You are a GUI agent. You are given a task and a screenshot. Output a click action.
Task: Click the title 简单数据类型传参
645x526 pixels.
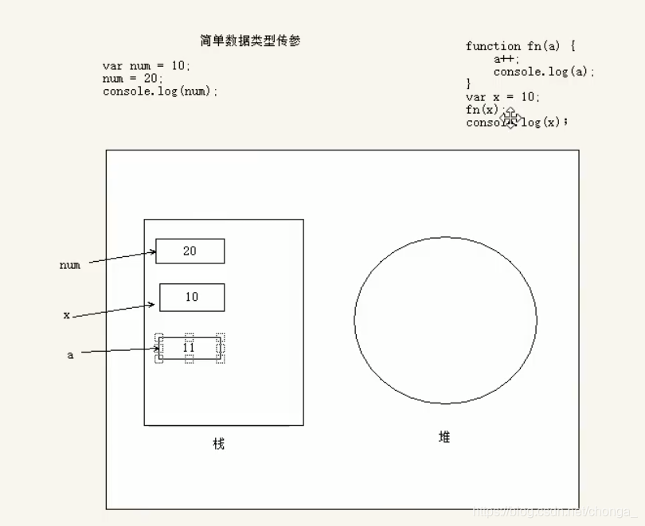[250, 41]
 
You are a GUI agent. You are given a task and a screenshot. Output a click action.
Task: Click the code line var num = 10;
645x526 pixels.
[147, 66]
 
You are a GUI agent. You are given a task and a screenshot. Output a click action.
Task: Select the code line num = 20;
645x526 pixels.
[133, 79]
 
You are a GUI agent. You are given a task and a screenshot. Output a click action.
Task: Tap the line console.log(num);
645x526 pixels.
[160, 92]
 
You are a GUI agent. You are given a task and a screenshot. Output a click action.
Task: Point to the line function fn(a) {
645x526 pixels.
[520, 46]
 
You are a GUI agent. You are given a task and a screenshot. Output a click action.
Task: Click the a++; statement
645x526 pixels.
[506, 59]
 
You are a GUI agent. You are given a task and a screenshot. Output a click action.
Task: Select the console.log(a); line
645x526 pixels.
[544, 72]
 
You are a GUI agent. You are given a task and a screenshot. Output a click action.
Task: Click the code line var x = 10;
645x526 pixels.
[502, 97]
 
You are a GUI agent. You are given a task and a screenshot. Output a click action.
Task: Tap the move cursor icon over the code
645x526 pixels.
[510, 119]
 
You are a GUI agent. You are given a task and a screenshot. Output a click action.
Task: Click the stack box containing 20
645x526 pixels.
[190, 251]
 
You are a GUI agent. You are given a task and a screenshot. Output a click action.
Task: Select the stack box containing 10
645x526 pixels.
[192, 297]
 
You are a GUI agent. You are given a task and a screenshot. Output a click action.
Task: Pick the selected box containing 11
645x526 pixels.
[190, 349]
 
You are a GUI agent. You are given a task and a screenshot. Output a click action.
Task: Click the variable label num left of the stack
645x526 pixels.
[70, 265]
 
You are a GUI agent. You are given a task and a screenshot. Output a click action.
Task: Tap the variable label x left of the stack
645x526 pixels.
[67, 315]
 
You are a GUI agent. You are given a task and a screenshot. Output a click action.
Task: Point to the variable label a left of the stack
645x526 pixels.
[70, 356]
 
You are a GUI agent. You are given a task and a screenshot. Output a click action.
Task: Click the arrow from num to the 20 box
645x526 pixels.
[122, 258]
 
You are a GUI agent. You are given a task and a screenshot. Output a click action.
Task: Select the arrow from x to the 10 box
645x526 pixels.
[113, 310]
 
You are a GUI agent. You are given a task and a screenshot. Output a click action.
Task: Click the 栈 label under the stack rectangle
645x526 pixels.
[219, 443]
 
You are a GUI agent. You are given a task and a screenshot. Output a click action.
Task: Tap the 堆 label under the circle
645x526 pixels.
[444, 437]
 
